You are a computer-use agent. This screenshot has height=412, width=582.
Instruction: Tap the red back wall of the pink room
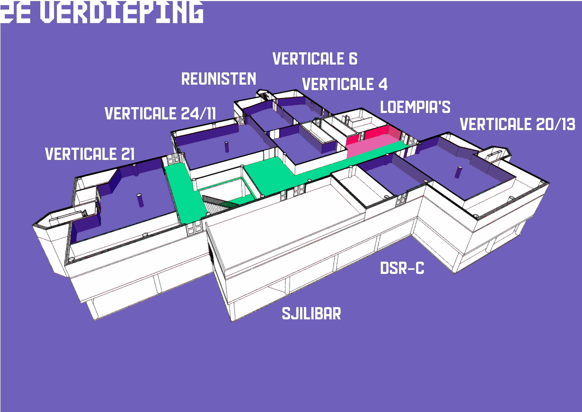(x=375, y=133)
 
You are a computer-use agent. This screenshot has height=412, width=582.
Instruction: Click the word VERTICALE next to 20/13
(x=496, y=124)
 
